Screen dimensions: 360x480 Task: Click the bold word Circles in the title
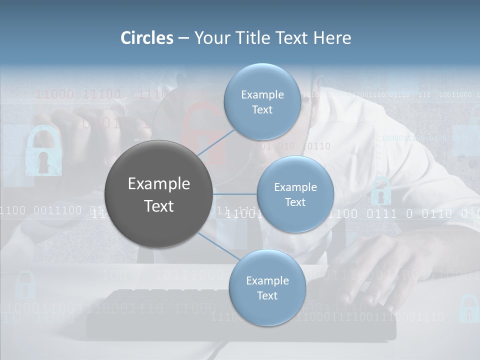[x=147, y=38]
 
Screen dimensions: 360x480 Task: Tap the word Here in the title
[x=332, y=38]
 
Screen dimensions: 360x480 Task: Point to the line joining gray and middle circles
[x=234, y=194]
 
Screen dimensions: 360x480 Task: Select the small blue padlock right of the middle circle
[x=381, y=191]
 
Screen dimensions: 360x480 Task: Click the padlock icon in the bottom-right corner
[x=468, y=309]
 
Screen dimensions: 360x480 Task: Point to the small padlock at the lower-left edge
[x=24, y=285]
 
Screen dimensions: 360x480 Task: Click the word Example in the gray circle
[x=158, y=184]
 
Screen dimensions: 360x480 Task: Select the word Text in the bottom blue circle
[x=267, y=295]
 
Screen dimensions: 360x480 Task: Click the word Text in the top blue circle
[x=262, y=109]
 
